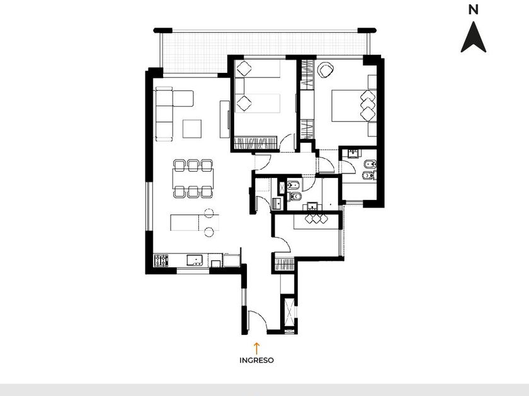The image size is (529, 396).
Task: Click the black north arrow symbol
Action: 474,37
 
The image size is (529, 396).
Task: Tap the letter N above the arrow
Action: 474,10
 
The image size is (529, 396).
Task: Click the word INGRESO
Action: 256,360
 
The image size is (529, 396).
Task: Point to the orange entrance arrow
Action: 256,348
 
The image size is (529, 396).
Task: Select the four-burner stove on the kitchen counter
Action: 161,260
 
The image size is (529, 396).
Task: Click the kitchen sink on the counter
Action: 195,260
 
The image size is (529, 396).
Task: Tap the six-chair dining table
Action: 193,179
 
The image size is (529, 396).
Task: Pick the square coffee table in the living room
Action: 192,129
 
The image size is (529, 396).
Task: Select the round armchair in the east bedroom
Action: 326,70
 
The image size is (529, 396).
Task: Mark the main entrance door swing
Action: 257,321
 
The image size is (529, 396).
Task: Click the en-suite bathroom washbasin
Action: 354,153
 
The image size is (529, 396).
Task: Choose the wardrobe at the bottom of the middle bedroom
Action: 256,143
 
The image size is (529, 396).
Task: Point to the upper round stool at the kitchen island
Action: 209,213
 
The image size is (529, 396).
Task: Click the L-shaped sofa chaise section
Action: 183,98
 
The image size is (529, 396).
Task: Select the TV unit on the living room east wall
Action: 225,119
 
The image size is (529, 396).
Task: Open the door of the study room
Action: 282,244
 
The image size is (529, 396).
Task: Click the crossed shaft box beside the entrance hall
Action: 290,312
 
